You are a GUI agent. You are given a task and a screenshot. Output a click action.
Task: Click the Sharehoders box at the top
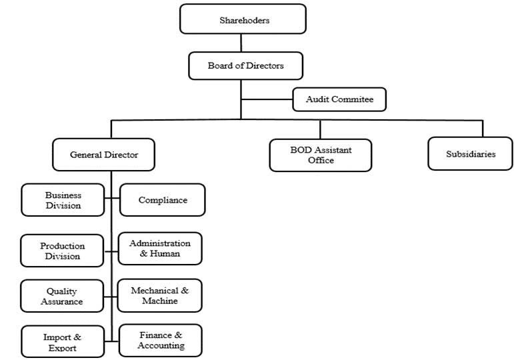tap(243, 19)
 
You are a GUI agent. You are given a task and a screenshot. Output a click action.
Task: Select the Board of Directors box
tap(245, 66)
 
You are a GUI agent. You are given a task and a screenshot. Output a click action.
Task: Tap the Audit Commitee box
tap(339, 99)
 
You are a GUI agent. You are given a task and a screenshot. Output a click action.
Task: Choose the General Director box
tap(104, 155)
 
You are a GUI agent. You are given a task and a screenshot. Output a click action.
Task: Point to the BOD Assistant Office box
tap(321, 155)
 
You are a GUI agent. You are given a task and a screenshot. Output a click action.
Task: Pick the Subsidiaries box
tap(471, 154)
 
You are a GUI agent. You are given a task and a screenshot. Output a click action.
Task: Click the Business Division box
tap(63, 200)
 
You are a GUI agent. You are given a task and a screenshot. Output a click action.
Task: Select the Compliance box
tap(163, 200)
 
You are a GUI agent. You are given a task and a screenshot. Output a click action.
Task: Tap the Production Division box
tap(63, 251)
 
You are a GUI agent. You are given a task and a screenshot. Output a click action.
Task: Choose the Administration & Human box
tap(160, 248)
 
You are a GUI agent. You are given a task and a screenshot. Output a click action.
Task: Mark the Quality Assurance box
tap(63, 296)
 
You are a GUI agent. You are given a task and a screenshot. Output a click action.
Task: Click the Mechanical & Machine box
tap(160, 295)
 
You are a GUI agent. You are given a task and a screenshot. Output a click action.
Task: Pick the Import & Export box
tap(63, 342)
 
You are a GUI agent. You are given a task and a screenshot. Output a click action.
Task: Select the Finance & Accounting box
tap(160, 340)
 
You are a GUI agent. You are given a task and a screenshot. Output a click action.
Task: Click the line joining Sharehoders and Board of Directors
tap(241, 43)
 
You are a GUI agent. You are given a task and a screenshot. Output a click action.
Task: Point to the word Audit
tap(317, 99)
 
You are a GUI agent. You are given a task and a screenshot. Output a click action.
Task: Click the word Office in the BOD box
tap(321, 160)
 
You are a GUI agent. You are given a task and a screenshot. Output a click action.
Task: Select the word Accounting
tap(160, 345)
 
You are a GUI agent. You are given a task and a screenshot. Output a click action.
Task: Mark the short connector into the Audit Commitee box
tap(267, 99)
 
